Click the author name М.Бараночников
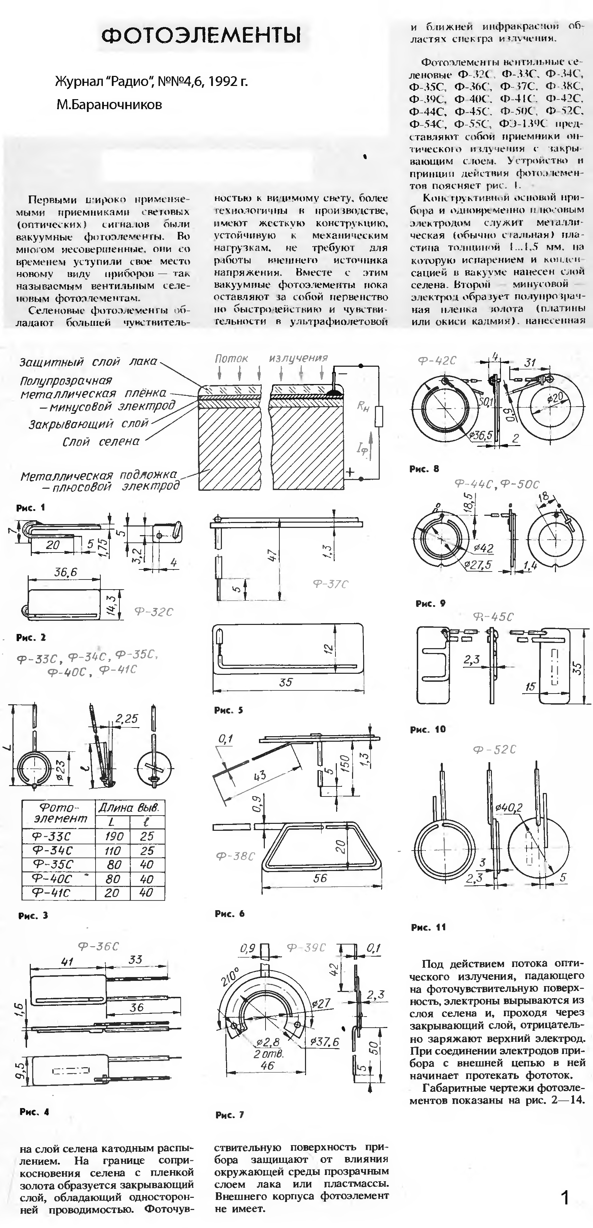109,104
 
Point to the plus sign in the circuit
350,472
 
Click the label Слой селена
101,442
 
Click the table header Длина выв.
129,808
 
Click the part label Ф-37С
331,584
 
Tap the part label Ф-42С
437,361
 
